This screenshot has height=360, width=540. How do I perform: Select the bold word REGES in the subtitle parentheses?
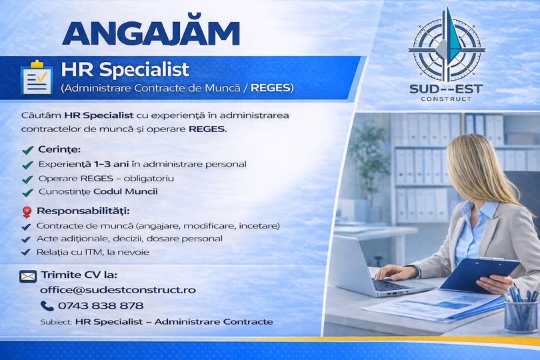pos(271,88)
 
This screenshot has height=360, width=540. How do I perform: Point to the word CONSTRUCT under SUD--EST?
pos(446,99)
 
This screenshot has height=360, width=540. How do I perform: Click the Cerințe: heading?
pos(59,149)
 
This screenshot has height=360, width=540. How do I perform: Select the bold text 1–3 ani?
pos(111,164)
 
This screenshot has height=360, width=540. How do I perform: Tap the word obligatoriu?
pos(149,179)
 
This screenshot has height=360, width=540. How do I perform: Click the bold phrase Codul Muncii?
pos(126,191)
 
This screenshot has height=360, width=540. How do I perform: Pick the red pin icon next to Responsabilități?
pos(27,211)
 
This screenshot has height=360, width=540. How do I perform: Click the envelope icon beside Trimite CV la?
pos(28,276)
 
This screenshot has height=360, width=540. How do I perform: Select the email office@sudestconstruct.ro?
pos(118,290)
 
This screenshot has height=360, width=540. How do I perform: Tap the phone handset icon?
pos(47,306)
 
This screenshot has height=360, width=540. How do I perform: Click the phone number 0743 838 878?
pos(101,305)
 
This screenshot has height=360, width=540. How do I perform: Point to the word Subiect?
pos(56,322)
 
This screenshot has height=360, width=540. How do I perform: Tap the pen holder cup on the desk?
pos(521,315)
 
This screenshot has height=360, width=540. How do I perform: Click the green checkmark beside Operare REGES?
pos(27,179)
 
